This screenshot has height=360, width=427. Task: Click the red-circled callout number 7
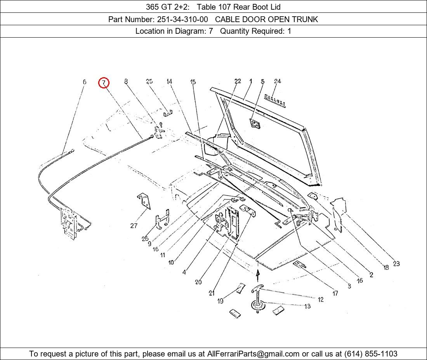point(104,83)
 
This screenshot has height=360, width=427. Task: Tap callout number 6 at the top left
point(84,81)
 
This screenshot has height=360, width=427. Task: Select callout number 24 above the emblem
point(277,81)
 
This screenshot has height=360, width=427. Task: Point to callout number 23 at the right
point(396,263)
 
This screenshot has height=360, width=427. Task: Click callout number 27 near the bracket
point(134,225)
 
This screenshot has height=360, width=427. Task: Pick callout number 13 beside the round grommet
point(307,306)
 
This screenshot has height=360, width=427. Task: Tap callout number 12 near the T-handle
point(321,299)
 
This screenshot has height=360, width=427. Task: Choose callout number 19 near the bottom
point(220,301)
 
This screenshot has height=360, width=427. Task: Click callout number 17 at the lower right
point(335,293)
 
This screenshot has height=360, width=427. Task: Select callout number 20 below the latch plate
point(198,282)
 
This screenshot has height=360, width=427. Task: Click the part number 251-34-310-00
point(182,19)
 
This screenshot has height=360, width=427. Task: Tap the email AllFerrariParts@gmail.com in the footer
point(253,354)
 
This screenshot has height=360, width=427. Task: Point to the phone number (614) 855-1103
point(371,354)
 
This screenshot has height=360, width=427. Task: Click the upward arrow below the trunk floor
point(258,275)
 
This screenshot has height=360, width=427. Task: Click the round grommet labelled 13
point(258,306)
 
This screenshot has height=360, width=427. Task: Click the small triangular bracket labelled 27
point(144,201)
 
